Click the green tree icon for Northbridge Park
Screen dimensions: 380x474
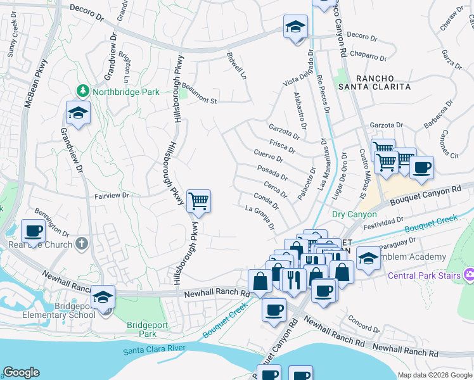click(82, 92)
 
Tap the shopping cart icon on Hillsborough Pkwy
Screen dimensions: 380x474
click(199, 202)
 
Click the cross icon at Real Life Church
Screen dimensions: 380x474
click(81, 243)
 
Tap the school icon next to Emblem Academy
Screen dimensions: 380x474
click(368, 257)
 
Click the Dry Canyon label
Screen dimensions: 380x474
click(354, 215)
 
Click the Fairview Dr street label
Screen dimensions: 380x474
click(112, 196)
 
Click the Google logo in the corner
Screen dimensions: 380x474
click(21, 372)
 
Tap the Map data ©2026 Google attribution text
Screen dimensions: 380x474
click(435, 375)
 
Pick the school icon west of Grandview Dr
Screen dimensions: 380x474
click(77, 113)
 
